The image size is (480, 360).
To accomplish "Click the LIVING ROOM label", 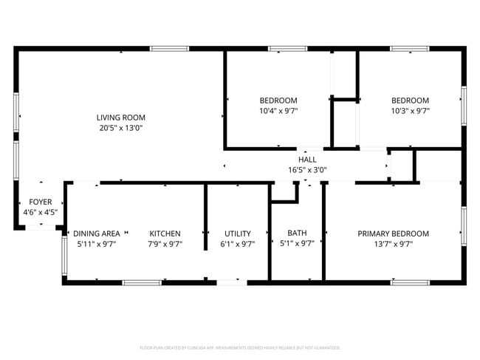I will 120,117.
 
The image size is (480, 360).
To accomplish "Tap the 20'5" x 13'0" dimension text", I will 120,127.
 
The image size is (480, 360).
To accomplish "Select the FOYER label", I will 40,202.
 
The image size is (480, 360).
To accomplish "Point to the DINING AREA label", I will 96,234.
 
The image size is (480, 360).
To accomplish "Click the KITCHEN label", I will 165,234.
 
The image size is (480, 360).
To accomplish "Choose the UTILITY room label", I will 237,234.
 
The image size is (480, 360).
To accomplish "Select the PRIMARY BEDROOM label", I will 393,234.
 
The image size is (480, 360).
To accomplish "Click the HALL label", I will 307,159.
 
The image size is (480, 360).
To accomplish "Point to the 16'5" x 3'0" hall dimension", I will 307,169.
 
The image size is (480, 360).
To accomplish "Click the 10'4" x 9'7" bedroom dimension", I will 278,111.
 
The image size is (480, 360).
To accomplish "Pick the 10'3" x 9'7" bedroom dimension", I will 410,111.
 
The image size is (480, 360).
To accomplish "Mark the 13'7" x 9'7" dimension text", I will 393,244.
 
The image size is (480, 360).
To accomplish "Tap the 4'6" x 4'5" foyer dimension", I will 40,212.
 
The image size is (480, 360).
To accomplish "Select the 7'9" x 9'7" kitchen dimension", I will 165,244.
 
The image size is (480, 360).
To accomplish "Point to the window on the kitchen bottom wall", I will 142,282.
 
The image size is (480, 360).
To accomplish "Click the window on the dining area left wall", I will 64,255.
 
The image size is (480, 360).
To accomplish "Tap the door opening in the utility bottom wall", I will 232,282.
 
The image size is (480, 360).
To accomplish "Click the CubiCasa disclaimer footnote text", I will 239,347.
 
